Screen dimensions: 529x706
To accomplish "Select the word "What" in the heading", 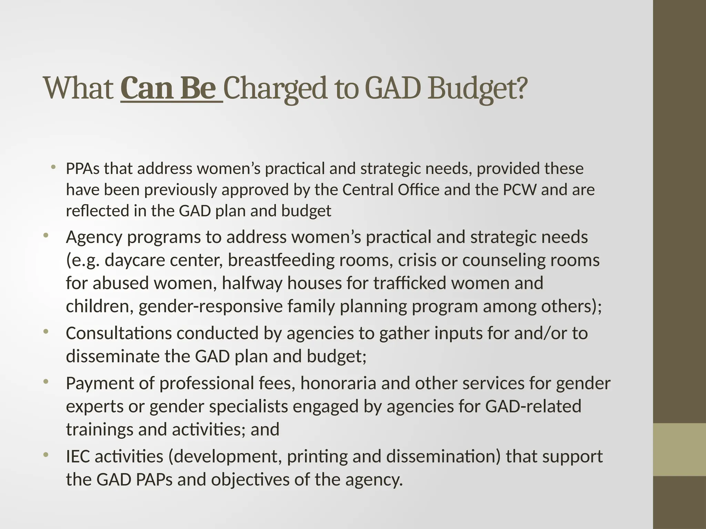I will (79, 89).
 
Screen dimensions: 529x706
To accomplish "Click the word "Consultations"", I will (119, 333).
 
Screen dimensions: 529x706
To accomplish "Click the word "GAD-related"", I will (533, 406).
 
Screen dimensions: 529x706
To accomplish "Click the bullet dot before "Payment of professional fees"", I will (46, 382).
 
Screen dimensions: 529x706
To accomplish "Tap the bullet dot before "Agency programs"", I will (46, 236).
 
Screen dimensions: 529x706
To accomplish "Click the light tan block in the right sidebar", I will (679, 449).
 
